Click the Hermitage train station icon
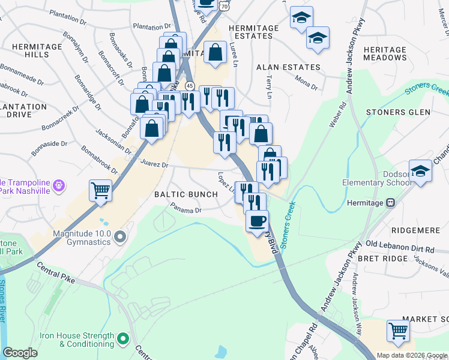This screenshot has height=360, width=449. pyautogui.click(x=391, y=203)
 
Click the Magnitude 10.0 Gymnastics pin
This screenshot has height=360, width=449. pyautogui.click(x=120, y=237)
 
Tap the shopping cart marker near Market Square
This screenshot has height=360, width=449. pyautogui.click(x=398, y=330)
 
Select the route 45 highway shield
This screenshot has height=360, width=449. pyautogui.click(x=190, y=86)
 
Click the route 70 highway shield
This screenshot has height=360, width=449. pyautogui.click(x=224, y=5)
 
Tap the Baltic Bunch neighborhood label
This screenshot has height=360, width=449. pyautogui.click(x=186, y=194)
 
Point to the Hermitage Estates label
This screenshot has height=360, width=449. pyautogui.click(x=254, y=32)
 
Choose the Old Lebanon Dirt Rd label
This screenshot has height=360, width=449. pyautogui.click(x=399, y=245)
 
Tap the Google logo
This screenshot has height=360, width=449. pyautogui.click(x=20, y=353)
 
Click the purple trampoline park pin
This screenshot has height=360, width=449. pyautogui.click(x=59, y=186)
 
